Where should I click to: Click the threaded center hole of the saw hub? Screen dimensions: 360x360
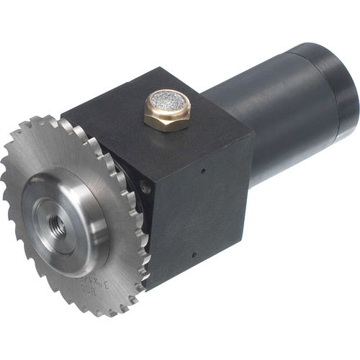(59, 225)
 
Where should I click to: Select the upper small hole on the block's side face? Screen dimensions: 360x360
(204, 171)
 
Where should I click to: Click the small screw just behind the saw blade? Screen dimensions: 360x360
(146, 188)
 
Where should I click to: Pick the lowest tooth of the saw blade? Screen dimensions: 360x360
(108, 313)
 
